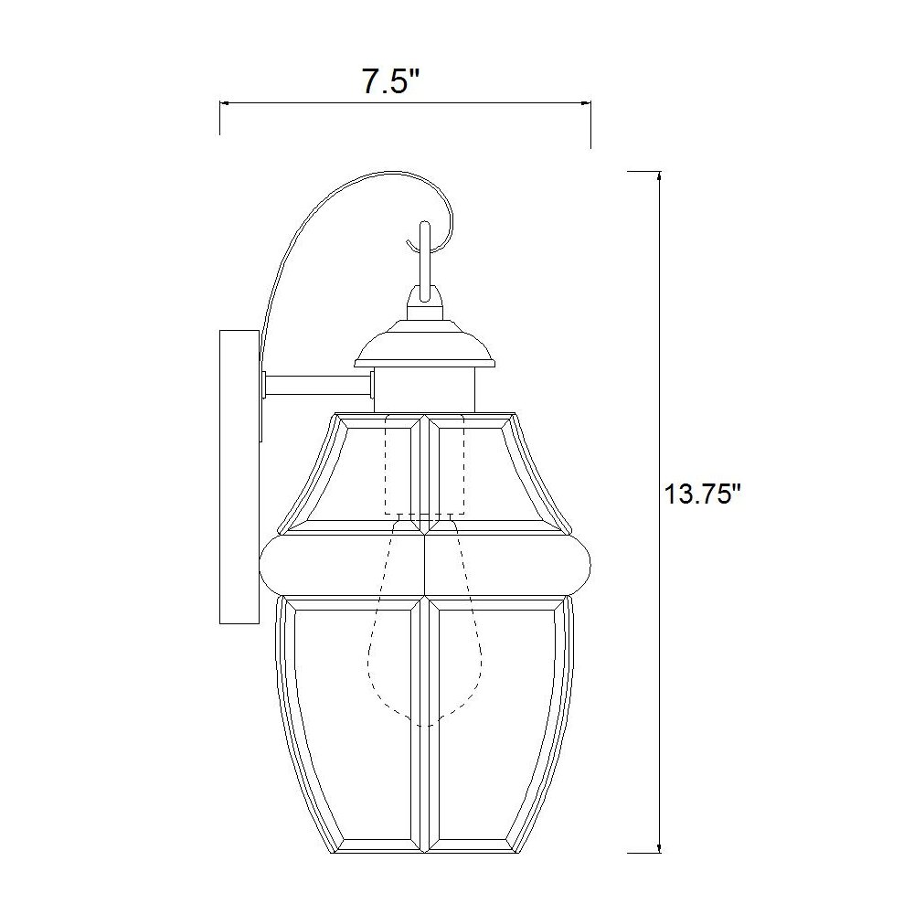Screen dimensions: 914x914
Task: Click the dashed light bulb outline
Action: [425, 640]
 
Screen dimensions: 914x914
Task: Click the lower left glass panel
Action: [356, 722]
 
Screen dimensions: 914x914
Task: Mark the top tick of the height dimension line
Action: [644, 171]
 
